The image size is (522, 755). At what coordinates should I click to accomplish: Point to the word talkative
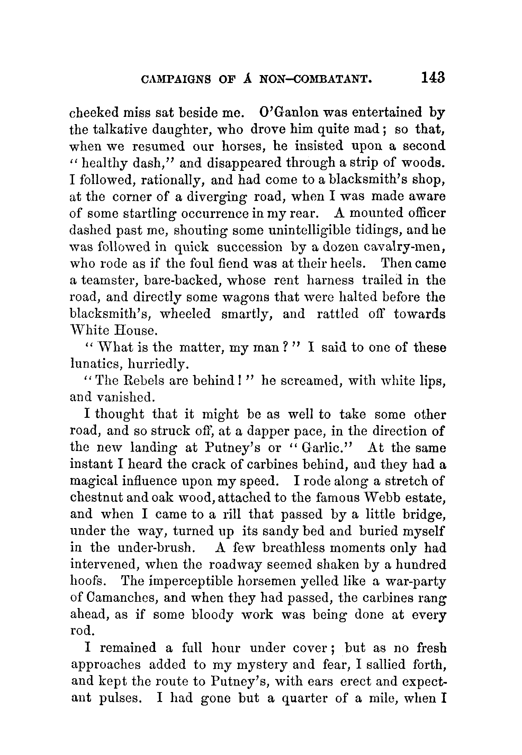coord(121,129)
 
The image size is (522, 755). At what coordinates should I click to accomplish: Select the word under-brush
coord(154,548)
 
